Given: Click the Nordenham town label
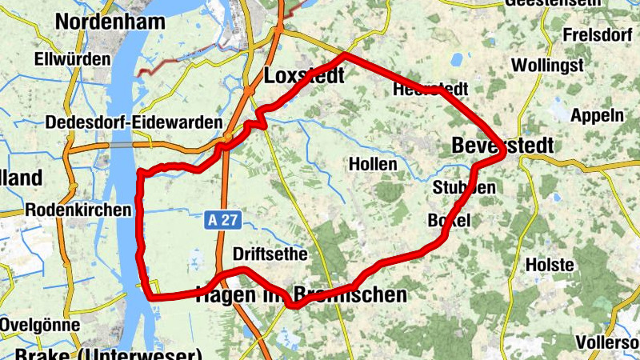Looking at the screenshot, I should coord(109,22).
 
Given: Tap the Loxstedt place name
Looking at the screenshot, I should coord(303,76).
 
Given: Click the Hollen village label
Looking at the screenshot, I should coord(373,164).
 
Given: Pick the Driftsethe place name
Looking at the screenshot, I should coord(270,254).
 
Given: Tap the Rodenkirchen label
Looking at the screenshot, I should coord(78,210).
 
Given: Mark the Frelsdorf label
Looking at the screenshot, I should coord(599,35).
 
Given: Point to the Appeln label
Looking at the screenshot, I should coord(597,115).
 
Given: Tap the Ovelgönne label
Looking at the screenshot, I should coord(40,326).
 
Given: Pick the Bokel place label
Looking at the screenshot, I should coord(450,220).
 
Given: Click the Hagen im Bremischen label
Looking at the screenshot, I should coord(301,295).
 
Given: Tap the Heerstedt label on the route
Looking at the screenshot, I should coord(431,90).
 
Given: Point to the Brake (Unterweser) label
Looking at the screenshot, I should coord(108,354).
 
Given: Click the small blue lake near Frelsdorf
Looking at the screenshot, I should coord(458,59).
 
